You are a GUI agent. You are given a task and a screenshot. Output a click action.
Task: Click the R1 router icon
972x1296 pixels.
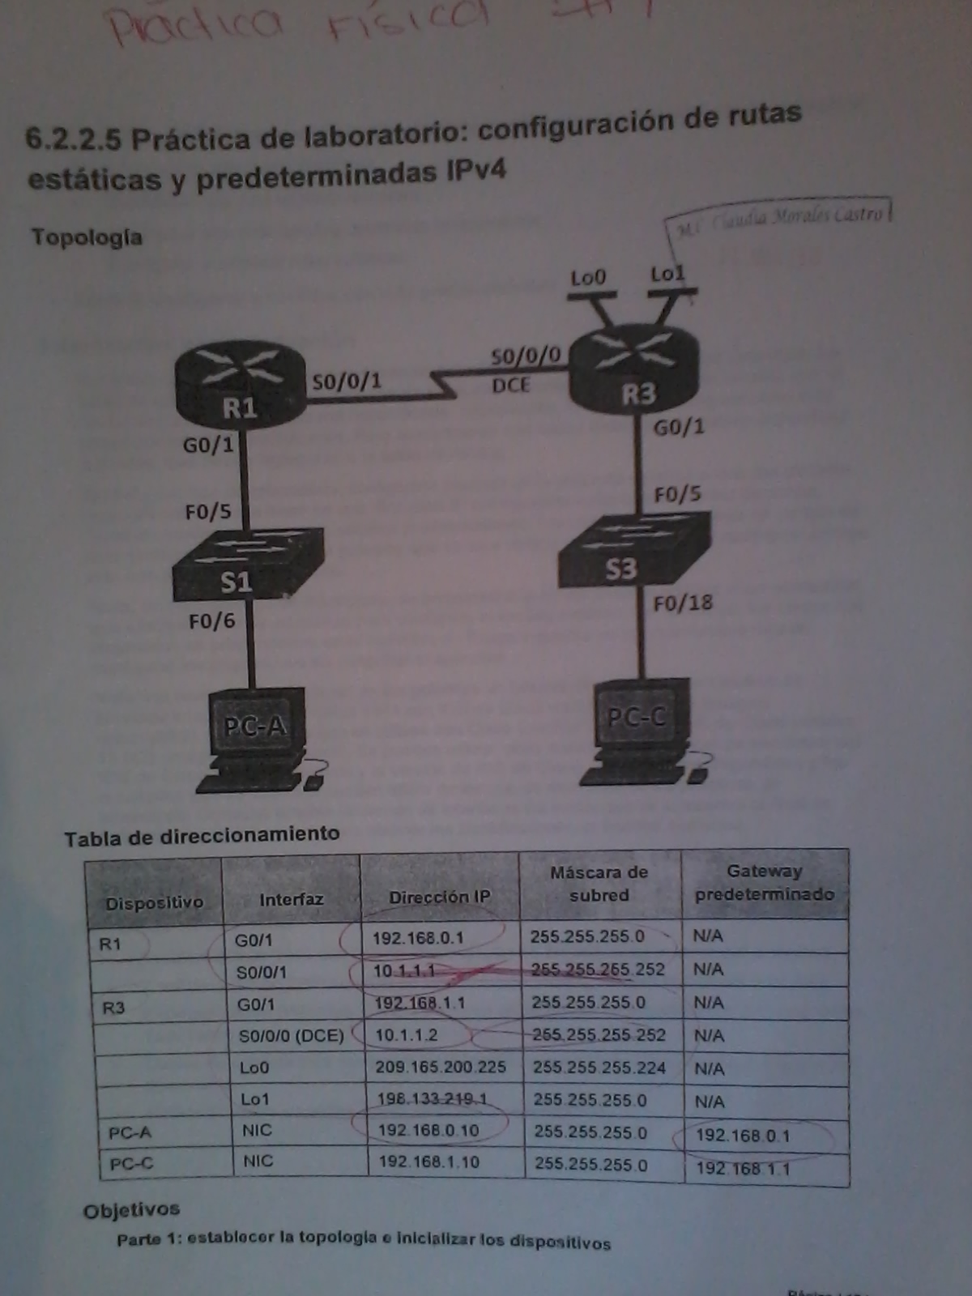click(x=240, y=384)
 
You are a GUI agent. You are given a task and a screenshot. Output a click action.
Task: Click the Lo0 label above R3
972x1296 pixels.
click(x=588, y=278)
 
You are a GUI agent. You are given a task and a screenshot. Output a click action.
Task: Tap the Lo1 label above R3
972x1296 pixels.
click(x=667, y=274)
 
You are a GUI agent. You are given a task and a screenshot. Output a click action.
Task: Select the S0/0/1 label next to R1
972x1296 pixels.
click(x=347, y=381)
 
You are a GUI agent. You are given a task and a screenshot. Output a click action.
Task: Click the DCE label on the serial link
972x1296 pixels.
click(x=510, y=386)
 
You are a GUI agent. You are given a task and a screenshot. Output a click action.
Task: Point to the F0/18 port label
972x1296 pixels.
click(x=683, y=603)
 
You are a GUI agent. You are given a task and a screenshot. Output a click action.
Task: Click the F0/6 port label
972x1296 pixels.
click(x=211, y=621)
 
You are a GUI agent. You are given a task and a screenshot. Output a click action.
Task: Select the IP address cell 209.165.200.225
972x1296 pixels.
click(x=440, y=1067)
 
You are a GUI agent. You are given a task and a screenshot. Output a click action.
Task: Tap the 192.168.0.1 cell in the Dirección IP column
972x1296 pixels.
click(x=418, y=938)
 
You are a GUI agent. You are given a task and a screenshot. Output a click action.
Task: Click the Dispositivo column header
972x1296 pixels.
click(x=154, y=902)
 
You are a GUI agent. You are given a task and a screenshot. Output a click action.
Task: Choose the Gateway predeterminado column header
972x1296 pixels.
click(x=764, y=883)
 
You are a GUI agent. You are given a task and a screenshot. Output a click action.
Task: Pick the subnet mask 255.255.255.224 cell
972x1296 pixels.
click(x=599, y=1068)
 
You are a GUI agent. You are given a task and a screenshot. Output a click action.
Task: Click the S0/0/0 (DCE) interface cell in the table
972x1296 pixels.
click(x=291, y=1035)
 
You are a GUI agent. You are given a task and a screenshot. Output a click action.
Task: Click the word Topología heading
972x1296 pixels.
click(x=87, y=237)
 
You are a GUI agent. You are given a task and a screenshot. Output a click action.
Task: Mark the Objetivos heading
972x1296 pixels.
click(x=131, y=1210)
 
